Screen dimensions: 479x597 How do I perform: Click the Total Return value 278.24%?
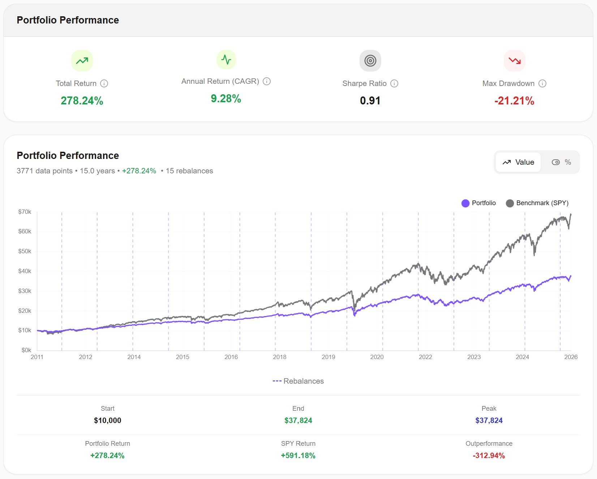tap(82, 101)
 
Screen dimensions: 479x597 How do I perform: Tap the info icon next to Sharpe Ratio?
tap(394, 83)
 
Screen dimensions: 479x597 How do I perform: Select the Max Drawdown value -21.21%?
tap(514, 101)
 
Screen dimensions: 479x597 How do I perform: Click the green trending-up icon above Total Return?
tap(82, 61)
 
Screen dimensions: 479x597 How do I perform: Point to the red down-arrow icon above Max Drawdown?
tap(514, 61)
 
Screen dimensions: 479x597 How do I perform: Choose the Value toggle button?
tap(518, 162)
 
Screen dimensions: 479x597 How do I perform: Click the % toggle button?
tap(561, 162)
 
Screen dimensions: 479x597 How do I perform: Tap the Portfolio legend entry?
tap(478, 203)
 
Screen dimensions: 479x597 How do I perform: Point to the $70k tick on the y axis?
tap(25, 212)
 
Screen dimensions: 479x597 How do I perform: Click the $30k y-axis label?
tap(25, 291)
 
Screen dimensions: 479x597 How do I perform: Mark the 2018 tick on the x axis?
tap(279, 357)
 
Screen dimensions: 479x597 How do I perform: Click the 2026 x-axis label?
tap(571, 357)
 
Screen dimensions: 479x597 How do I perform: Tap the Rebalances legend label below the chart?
tap(298, 381)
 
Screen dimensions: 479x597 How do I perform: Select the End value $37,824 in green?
tap(298, 420)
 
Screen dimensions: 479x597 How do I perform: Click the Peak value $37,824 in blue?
tap(489, 420)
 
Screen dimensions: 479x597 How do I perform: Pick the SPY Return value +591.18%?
tap(298, 456)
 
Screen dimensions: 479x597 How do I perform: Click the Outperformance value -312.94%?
tap(489, 456)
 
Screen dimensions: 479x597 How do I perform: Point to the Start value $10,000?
tap(107, 420)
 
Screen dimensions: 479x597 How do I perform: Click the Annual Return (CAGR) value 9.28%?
tap(226, 99)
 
